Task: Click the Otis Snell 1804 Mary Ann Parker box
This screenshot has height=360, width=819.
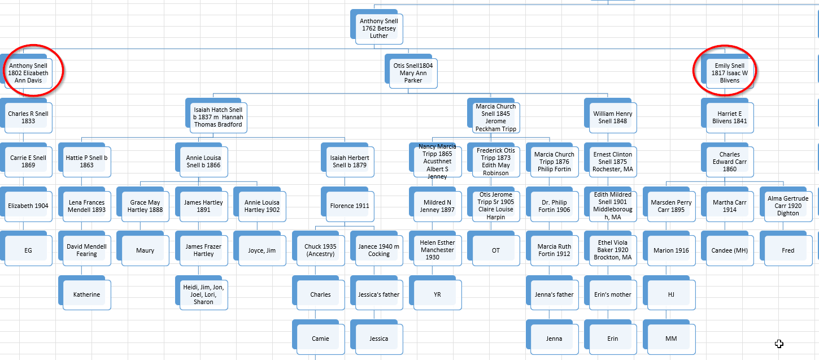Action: pos(413,73)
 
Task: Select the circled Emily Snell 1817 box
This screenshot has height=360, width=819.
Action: pos(730,73)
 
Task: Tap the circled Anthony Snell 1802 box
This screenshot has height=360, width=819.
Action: pos(28,73)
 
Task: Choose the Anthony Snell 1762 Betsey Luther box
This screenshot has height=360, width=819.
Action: pos(378,29)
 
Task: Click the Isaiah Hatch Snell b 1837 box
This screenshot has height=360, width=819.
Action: pos(218,117)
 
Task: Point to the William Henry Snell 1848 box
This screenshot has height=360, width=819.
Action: pos(613,117)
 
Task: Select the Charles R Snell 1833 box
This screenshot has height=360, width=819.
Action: pos(28,117)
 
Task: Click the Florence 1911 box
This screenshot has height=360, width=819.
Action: pos(350,206)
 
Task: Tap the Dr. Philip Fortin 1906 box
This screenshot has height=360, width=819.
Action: pos(554,206)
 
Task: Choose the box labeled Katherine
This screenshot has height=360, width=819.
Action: pos(86,294)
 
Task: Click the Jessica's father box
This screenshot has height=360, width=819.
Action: pos(378,294)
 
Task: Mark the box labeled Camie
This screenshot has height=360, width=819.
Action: pos(320,339)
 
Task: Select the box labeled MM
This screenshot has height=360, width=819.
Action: pos(671,339)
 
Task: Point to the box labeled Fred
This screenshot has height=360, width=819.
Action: pos(788,250)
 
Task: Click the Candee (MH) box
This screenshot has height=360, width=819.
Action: pos(730,250)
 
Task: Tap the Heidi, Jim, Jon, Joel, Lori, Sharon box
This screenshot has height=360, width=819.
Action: pos(203,294)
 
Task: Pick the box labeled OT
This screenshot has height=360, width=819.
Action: pos(496,250)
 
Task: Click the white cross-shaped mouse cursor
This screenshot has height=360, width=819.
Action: pos(779,344)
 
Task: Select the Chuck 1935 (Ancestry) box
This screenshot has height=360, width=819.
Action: pos(320,250)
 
